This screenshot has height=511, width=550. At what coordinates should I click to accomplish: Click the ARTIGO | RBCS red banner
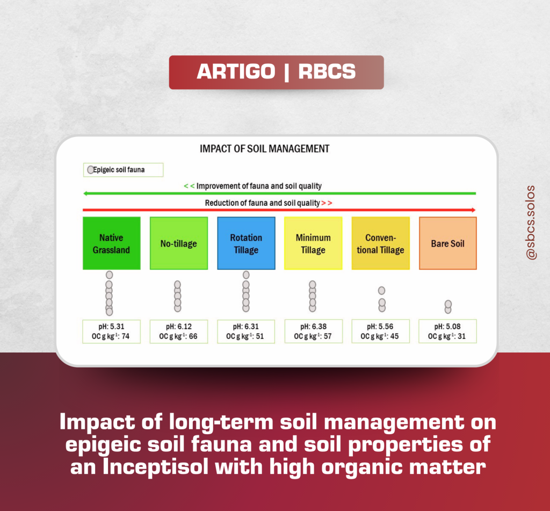277,72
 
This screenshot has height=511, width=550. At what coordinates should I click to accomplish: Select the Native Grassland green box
112,243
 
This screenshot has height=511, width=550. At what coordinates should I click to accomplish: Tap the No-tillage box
179,243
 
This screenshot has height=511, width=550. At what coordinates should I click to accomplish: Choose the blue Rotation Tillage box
246,243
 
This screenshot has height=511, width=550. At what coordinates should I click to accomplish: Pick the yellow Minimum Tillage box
313,243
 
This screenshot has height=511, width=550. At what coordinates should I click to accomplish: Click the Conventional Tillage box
381,243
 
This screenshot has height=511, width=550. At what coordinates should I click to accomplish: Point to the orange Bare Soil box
448,243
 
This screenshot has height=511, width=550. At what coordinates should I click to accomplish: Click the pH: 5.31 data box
112,332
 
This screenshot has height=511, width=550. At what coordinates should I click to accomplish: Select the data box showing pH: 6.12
179,332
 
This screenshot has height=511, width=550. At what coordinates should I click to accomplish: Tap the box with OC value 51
246,332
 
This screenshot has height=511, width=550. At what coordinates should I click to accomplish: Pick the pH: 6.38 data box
314,332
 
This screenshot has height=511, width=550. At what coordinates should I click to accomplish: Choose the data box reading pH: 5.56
381,332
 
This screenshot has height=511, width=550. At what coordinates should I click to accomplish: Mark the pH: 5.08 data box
447,332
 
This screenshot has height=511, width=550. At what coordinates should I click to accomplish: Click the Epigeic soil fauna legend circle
90,170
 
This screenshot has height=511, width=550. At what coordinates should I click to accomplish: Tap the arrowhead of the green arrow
85,193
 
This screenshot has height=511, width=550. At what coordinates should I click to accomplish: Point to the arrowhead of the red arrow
474,210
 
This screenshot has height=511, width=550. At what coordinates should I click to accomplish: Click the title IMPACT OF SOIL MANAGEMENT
264,149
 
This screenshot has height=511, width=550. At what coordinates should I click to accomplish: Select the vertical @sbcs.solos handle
531,222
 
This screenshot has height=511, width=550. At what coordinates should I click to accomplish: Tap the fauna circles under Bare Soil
448,307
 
